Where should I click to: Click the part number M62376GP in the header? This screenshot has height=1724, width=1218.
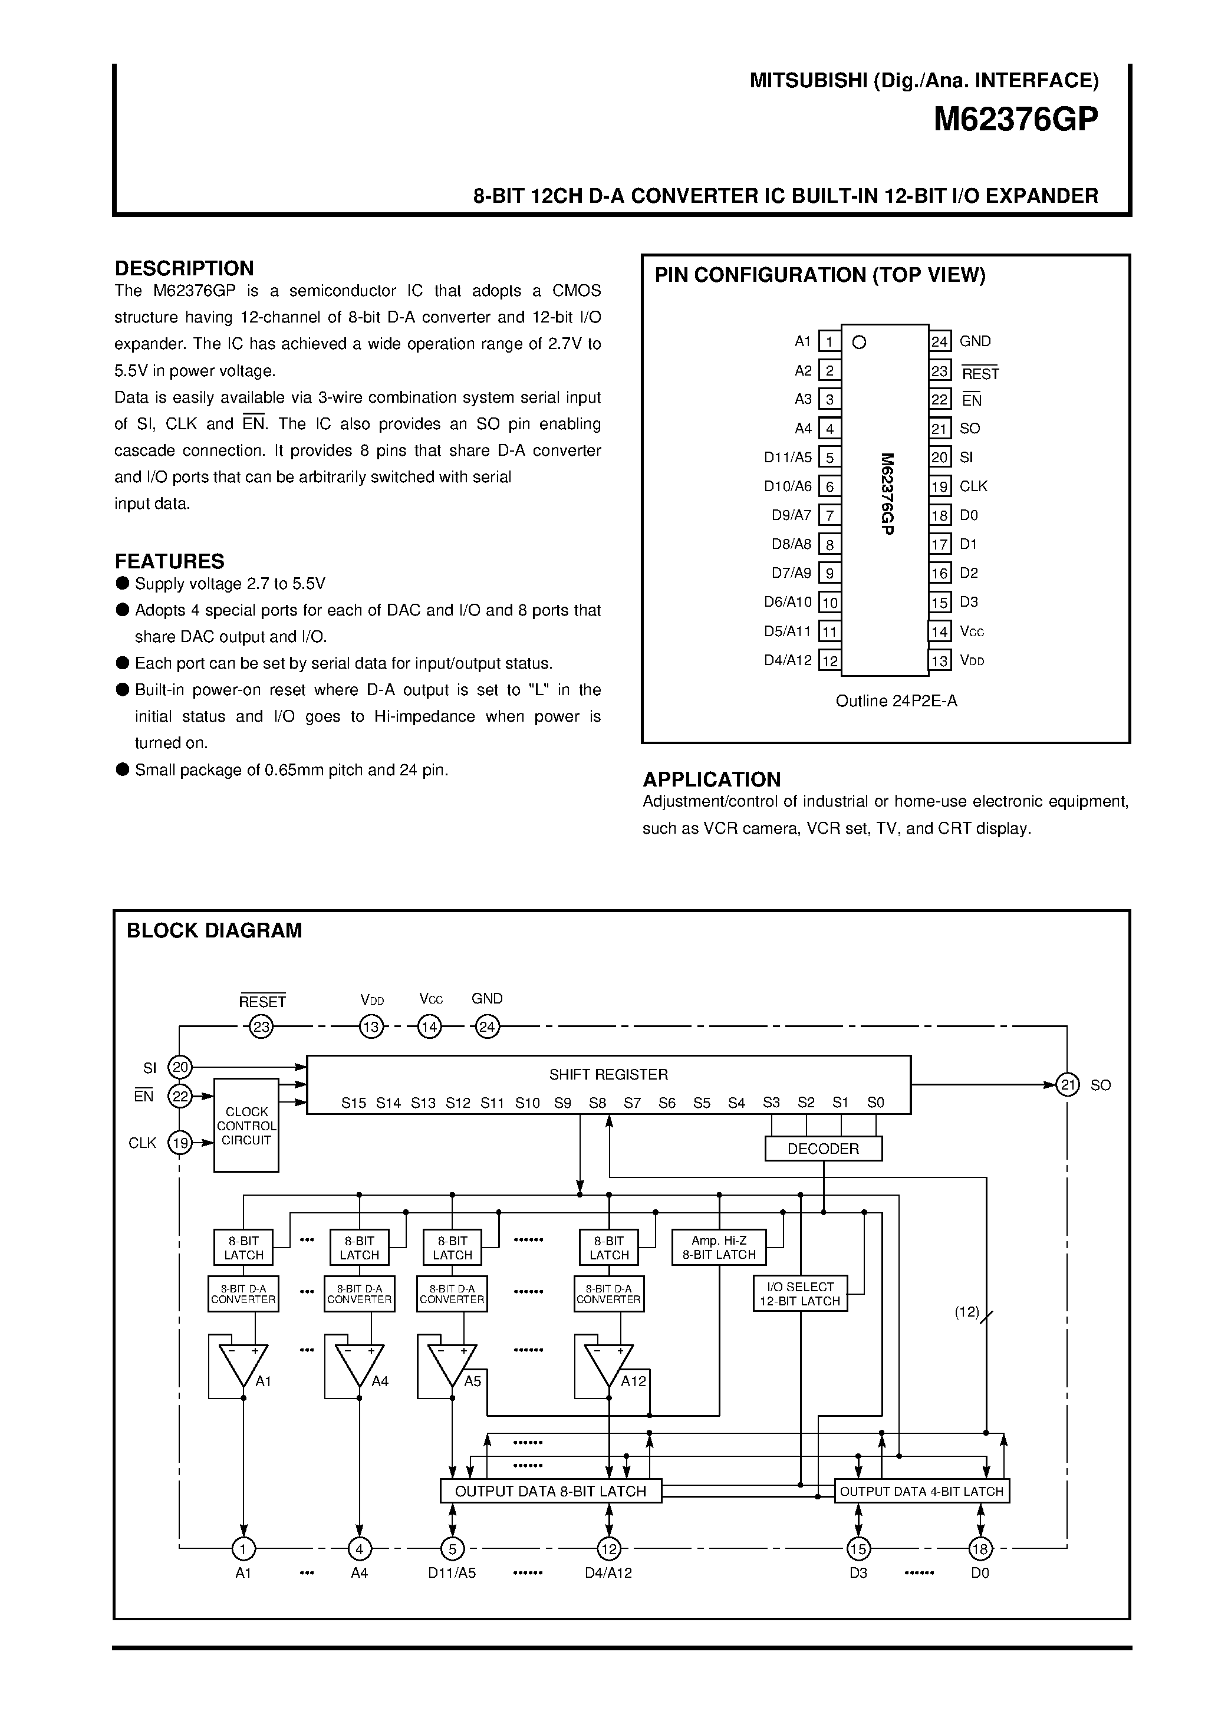tap(1015, 119)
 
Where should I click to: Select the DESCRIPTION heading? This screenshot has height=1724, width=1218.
tap(184, 268)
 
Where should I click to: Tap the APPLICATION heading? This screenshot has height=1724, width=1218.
tap(711, 779)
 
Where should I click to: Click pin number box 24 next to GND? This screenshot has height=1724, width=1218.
tap(939, 341)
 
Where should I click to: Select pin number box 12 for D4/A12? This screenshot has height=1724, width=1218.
tap(829, 661)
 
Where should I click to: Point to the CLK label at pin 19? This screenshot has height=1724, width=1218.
tap(973, 486)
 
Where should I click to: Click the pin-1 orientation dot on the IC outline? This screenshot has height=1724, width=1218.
tap(859, 343)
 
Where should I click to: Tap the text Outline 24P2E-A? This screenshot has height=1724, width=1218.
tap(896, 700)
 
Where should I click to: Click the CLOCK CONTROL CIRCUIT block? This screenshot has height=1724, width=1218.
tap(246, 1126)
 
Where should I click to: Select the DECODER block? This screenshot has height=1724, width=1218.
tap(823, 1149)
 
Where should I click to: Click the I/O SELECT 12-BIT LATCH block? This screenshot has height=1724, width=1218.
tap(800, 1294)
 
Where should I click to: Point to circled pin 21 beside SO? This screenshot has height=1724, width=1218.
tap(1067, 1084)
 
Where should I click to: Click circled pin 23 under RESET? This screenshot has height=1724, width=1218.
tap(261, 1026)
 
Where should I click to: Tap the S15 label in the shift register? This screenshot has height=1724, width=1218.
tap(354, 1103)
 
